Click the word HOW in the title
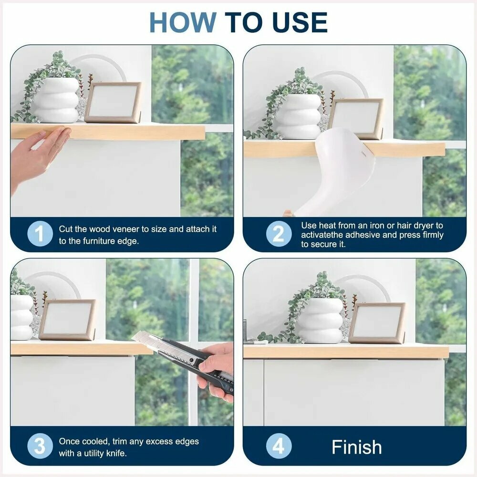click(183, 22)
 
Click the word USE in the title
click(300, 22)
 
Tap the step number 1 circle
click(40, 234)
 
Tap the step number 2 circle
click(279, 234)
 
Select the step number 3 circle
click(40, 446)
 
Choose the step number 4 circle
click(279, 446)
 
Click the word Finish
click(356, 447)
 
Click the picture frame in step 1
click(113, 103)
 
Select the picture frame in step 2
click(356, 119)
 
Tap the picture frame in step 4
click(377, 323)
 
